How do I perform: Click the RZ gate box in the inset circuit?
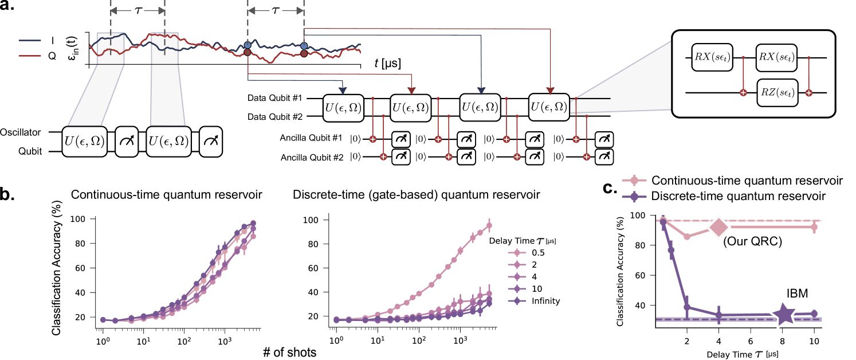click(777, 92)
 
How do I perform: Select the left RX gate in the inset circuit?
click(712, 57)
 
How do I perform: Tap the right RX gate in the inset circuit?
click(776, 57)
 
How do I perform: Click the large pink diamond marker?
click(718, 228)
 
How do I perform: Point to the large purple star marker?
click(783, 314)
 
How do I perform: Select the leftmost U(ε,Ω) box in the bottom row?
click(84, 142)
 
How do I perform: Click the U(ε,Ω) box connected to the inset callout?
click(549, 107)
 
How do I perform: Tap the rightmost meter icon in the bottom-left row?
click(210, 142)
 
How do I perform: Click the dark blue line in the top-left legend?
click(29, 41)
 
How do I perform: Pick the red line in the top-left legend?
click(29, 56)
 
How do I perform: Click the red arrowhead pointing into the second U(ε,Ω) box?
click(411, 91)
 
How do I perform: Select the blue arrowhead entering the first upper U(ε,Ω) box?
click(343, 91)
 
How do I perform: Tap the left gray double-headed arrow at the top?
click(137, 10)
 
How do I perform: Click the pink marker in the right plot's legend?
click(634, 181)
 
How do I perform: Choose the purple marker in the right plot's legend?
click(634, 197)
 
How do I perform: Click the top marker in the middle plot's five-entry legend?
click(517, 252)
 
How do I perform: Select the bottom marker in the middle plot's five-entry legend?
click(517, 300)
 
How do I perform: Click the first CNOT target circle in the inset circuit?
click(743, 92)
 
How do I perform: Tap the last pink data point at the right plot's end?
click(814, 228)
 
